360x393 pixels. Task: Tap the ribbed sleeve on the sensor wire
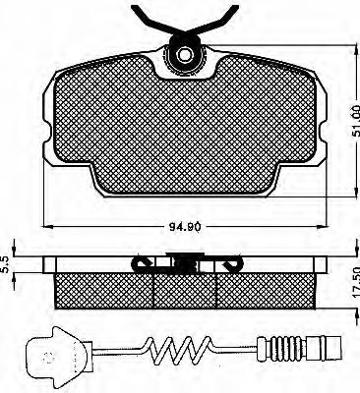pos(279,348)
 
